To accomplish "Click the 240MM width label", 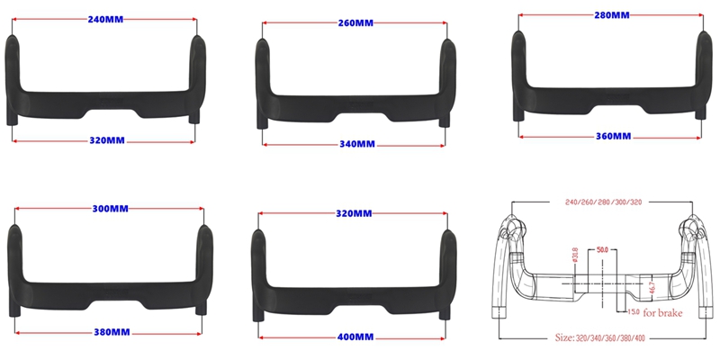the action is pos(105,20).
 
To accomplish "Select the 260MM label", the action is pos(355,23).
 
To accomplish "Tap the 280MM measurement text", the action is pos(612,15).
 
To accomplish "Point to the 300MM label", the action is pos(110,209).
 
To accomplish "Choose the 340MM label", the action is pos(357,144).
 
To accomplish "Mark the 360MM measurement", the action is pos(613,137).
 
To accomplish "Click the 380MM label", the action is pos(112,332).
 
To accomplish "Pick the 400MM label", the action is pos(355,337).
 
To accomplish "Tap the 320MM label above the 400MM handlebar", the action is pos(354,214).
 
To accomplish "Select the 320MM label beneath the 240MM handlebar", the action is pos(107,140).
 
